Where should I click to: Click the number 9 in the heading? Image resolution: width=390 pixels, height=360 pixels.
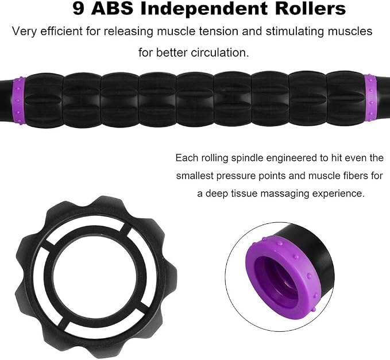tap(79, 9)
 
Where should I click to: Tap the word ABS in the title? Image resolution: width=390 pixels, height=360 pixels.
tap(113, 9)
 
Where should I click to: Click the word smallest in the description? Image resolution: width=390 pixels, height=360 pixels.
tap(195, 176)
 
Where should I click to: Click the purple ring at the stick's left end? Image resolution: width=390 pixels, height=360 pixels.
tap(19, 100)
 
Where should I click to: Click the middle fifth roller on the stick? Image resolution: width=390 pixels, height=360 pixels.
tap(195, 99)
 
